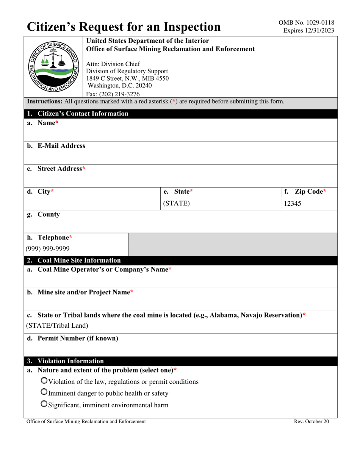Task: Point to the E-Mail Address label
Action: coord(61,146)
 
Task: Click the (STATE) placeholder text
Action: coord(176,203)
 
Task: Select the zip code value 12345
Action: coord(293,203)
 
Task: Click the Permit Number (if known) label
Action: coord(77,338)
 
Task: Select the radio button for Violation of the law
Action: coord(44,381)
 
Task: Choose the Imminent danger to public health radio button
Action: coord(44,393)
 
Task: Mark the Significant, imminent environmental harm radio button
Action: coord(44,405)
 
